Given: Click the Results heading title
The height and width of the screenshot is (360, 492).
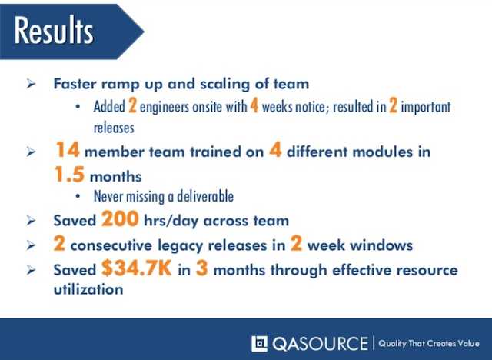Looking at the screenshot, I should (54, 32).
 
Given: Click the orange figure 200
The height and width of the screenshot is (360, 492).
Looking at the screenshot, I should (119, 220).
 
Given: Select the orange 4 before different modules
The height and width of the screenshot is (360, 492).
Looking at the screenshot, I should (274, 151).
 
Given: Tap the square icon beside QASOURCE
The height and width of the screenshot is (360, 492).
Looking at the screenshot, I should (260, 342).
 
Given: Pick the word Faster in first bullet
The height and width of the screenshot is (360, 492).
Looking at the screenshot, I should (75, 83).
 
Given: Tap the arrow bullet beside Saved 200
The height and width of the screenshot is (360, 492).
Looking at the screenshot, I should (30, 221).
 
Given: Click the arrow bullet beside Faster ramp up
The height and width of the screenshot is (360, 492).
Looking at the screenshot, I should (30, 83).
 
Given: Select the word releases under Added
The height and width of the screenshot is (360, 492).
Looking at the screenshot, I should (114, 126).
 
